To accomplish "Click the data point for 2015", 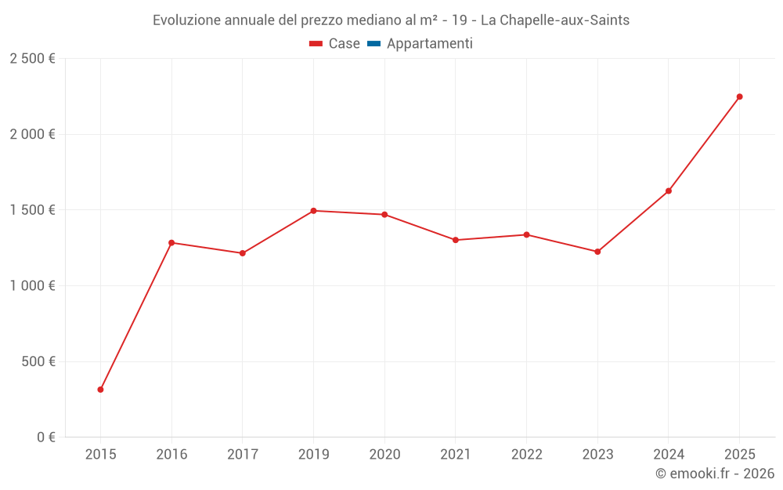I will (100, 390).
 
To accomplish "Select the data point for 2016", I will (171, 242).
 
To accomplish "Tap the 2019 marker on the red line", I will (313, 211).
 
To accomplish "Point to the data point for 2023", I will (597, 252).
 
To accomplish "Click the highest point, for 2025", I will (739, 96).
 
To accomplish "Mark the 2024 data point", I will (669, 191).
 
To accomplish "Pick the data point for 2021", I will (456, 240).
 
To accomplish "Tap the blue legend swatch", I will (373, 44).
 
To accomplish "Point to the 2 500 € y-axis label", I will (32, 59).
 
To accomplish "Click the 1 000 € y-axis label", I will (32, 286).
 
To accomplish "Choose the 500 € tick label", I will (37, 361).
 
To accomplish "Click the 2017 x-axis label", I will (243, 454).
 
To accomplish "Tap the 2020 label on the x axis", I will (384, 454).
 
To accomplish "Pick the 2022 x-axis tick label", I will (526, 454).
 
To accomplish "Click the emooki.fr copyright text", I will (714, 474).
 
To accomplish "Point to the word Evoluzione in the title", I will (186, 20).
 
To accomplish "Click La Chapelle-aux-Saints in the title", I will (554, 20).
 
